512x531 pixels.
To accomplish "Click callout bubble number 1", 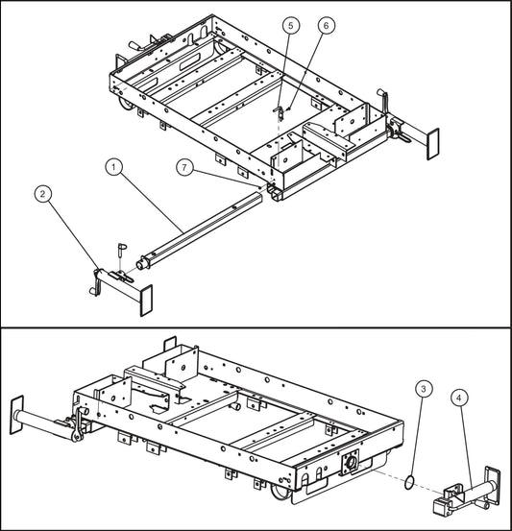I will (114, 167).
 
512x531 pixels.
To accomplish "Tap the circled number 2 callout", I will (42, 194).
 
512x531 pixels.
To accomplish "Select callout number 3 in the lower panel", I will (424, 390).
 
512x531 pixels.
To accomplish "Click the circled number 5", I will (291, 25).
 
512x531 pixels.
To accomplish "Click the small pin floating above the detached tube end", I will (122, 248).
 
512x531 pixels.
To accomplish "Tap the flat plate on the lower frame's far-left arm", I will (15, 414).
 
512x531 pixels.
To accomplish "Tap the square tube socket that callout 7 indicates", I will (276, 192).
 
